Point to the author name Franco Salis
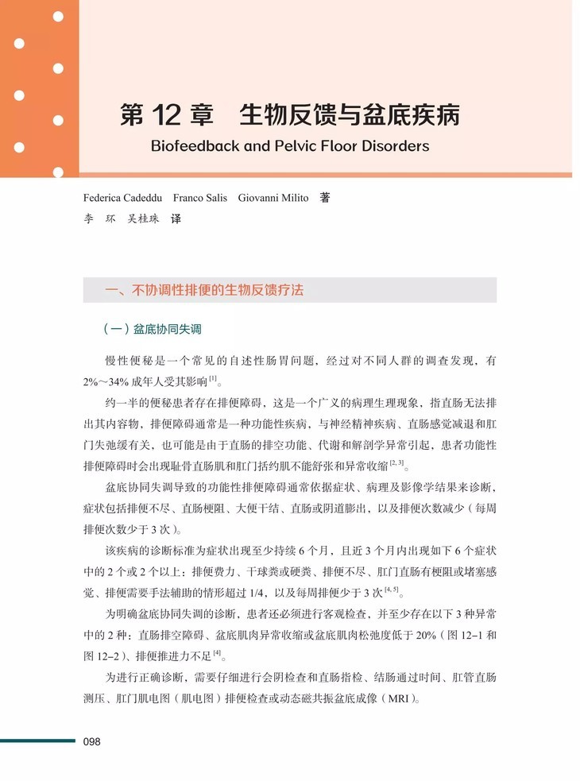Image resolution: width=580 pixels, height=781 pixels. [x=199, y=198]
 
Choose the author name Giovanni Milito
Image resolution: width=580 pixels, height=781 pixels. [x=273, y=198]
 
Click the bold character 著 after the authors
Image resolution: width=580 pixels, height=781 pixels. [x=324, y=198]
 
